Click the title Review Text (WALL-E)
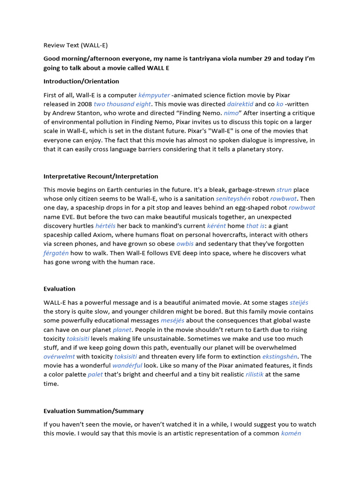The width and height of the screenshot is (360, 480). pos(75,45)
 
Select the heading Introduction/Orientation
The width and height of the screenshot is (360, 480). pos(81,82)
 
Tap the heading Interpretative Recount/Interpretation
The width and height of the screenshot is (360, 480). pos(101,176)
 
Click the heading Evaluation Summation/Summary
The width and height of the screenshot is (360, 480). pos(93,411)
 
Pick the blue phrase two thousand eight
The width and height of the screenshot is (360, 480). pos(122,104)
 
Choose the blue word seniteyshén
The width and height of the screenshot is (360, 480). pos(233,199)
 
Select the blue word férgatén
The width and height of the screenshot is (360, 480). pos(56,253)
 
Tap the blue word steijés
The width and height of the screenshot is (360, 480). pos(299,303)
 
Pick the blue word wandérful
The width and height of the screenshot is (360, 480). pos(127,366)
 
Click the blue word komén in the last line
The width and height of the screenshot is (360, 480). pos(291,434)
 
